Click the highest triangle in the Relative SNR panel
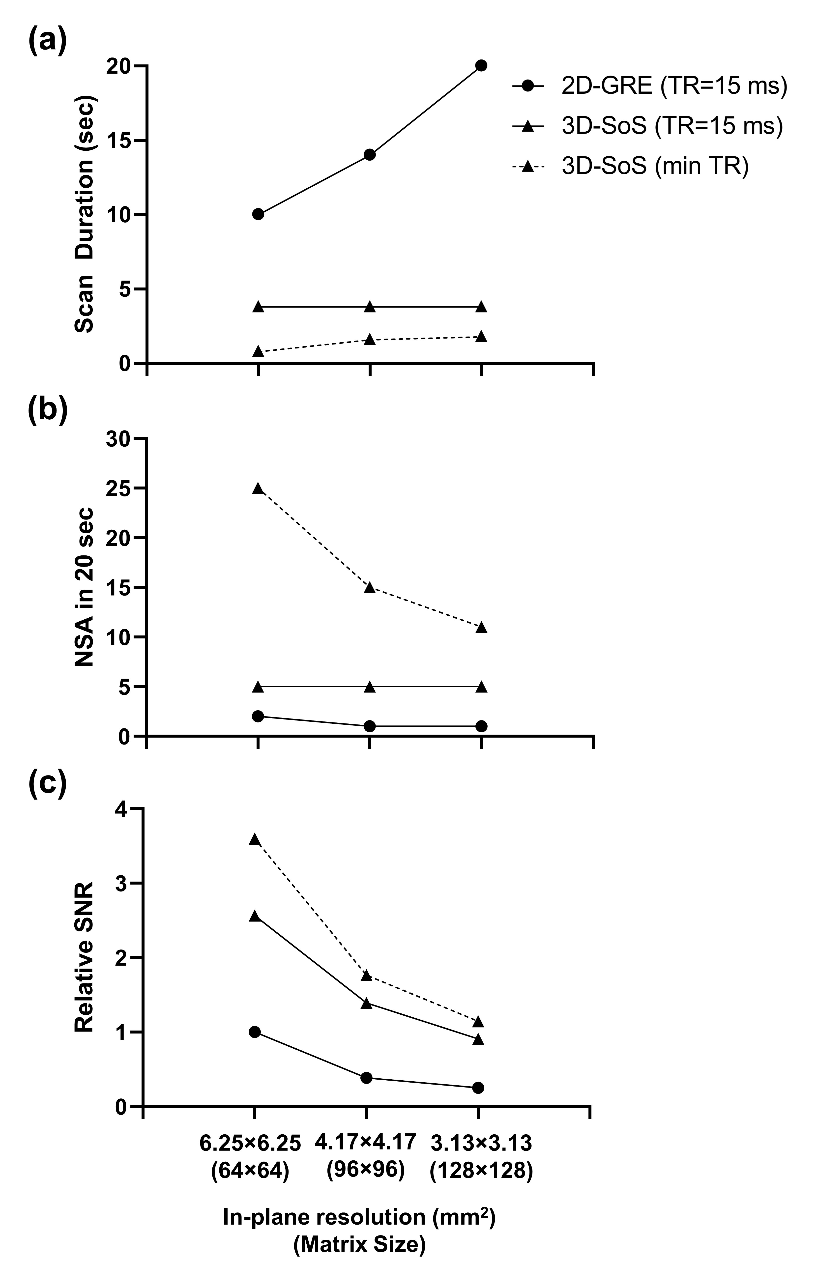coord(255,840)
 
